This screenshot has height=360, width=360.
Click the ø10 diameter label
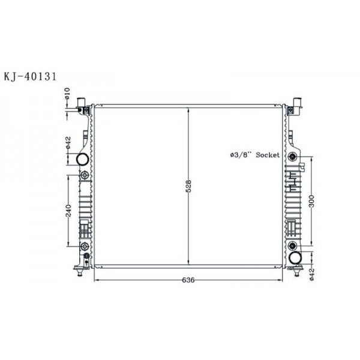(68, 94)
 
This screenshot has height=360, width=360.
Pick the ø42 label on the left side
(68, 143)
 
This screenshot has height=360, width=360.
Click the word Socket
(268, 155)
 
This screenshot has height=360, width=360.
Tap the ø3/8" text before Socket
(241, 155)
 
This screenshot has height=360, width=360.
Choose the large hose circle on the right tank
(295, 259)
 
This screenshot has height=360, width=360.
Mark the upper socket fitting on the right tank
(292, 157)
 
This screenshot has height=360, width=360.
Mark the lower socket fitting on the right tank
(292, 246)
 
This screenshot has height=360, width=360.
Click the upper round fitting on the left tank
(84, 175)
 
